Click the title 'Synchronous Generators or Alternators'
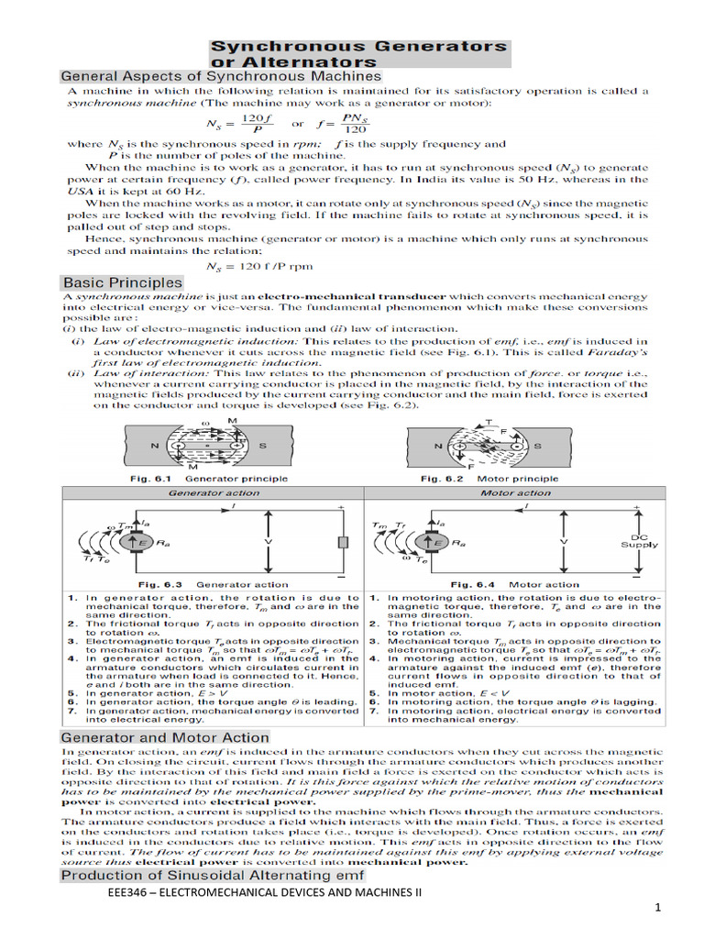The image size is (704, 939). click(358, 53)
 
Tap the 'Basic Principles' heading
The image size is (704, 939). click(122, 282)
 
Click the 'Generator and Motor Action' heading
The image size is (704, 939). click(165, 737)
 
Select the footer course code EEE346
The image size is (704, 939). click(133, 894)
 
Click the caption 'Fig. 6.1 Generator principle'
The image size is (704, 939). click(195, 479)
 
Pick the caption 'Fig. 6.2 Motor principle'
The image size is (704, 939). click(489, 479)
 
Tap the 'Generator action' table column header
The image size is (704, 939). click(214, 492)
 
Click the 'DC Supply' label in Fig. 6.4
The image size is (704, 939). click(641, 541)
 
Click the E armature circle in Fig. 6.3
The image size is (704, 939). click(131, 543)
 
